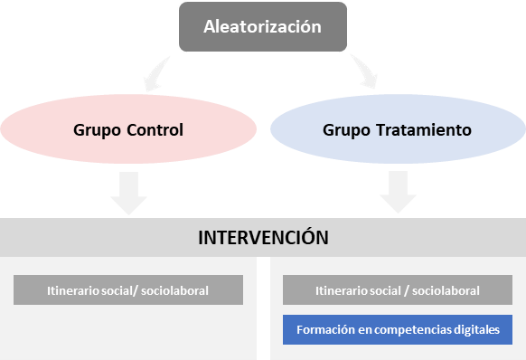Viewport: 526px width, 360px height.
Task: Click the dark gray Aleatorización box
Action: (x=263, y=26)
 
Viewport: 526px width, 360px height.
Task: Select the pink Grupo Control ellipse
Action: (x=128, y=129)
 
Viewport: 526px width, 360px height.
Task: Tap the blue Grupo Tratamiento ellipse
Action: (x=398, y=129)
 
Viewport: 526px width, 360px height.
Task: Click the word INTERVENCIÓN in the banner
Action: (x=263, y=237)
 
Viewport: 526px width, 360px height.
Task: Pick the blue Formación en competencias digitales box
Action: (x=398, y=329)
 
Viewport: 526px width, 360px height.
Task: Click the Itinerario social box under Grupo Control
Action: (x=128, y=290)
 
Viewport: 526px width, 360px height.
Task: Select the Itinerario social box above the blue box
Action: (x=398, y=290)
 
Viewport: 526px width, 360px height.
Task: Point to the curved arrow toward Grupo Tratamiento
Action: (x=366, y=71)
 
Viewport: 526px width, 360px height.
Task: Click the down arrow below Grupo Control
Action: (x=129, y=193)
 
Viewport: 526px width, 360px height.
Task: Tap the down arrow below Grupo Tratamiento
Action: (x=399, y=192)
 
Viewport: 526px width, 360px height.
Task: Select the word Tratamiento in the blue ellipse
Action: (x=424, y=130)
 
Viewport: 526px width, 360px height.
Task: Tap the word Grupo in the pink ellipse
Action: (x=97, y=130)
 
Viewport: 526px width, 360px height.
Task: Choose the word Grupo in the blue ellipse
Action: (x=346, y=130)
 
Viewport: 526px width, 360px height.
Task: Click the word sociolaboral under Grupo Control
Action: (x=174, y=290)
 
